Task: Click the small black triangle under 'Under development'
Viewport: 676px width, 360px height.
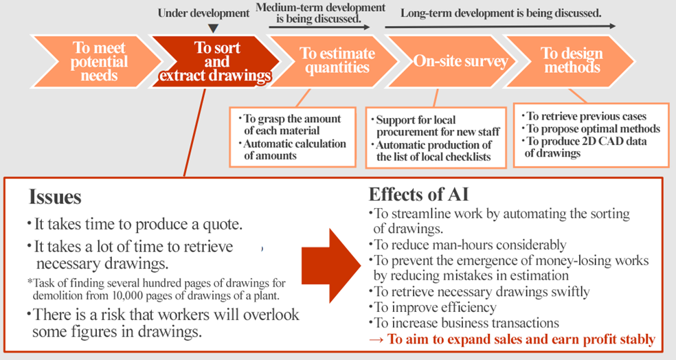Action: click(x=213, y=28)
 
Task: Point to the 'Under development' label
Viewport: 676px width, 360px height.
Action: click(x=203, y=13)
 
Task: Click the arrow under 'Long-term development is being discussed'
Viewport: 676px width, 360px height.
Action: click(x=500, y=26)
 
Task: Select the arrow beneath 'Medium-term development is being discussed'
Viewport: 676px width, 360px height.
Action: click(x=319, y=27)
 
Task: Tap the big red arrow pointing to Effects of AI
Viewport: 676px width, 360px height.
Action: click(x=330, y=266)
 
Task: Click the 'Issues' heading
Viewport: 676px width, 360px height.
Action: click(x=55, y=197)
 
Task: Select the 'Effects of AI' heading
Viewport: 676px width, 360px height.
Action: click(x=418, y=194)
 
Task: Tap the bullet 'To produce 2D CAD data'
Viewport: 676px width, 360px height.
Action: click(x=584, y=147)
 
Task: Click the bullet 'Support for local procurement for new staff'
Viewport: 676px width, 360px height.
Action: click(x=436, y=126)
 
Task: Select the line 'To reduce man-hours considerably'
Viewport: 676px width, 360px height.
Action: click(x=467, y=245)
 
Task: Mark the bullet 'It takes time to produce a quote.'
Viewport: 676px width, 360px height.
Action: click(x=135, y=224)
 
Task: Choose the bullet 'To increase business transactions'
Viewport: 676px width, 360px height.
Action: click(x=464, y=323)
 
